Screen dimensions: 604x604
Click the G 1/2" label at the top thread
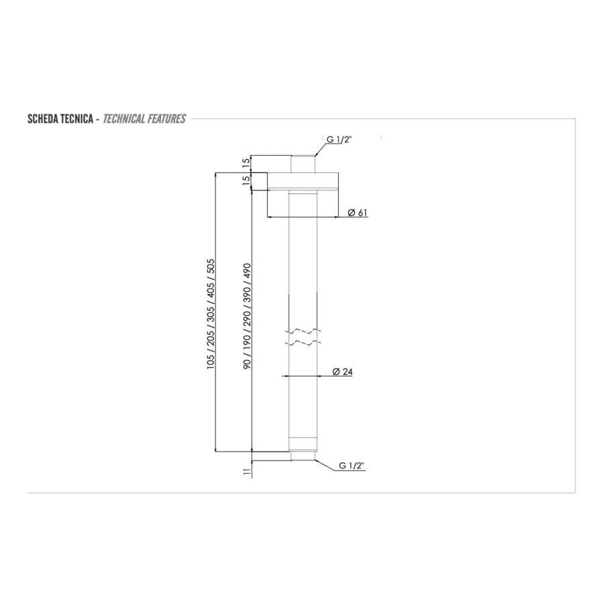tap(340, 139)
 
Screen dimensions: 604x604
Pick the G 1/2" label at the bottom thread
tap(351, 465)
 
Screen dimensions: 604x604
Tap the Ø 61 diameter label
tap(358, 213)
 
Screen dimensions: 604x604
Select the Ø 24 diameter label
tap(342, 372)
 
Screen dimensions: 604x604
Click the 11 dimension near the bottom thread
tap(247, 472)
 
